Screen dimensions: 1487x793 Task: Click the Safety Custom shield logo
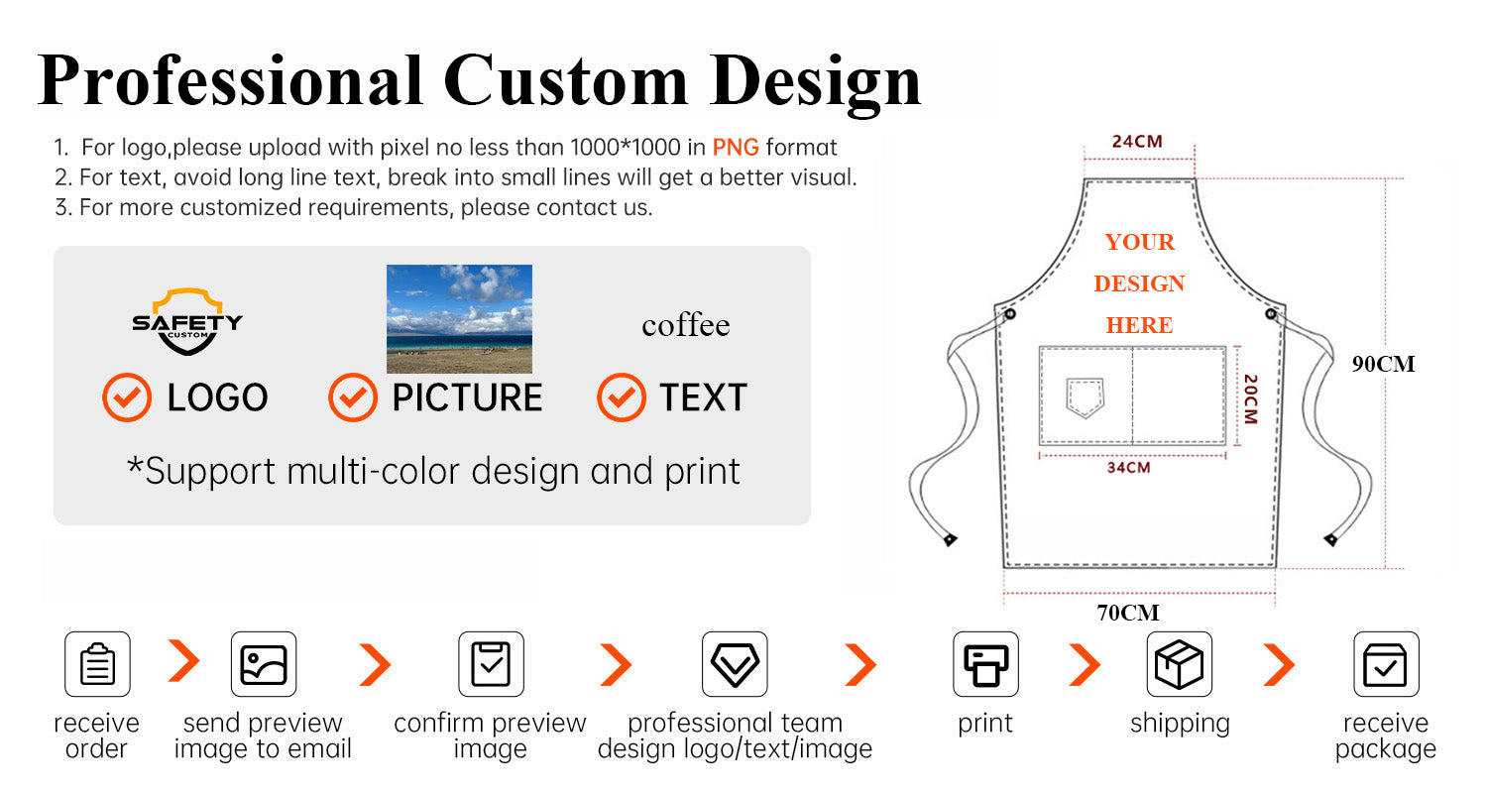(x=187, y=321)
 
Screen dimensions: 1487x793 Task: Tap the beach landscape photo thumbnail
(x=459, y=318)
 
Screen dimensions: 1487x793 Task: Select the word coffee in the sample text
(x=686, y=325)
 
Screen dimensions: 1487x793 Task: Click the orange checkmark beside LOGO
(x=127, y=397)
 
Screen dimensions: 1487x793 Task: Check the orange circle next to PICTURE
(x=353, y=397)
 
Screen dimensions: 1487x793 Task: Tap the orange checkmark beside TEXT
(x=622, y=397)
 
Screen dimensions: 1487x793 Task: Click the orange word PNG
(x=736, y=147)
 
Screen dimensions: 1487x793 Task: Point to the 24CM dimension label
(x=1137, y=142)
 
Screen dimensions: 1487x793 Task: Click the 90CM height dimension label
(x=1384, y=364)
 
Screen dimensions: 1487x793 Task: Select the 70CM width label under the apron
(x=1128, y=613)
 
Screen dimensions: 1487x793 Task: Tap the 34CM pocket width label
(x=1128, y=468)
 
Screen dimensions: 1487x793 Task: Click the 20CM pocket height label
(x=1251, y=399)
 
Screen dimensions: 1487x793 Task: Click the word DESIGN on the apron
(x=1139, y=283)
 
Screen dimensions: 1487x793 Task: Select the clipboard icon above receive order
(x=97, y=664)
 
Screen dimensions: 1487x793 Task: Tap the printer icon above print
(x=985, y=664)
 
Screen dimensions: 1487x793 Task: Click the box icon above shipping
(x=1179, y=664)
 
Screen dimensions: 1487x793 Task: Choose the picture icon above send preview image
(x=264, y=664)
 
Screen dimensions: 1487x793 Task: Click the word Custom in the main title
(x=566, y=81)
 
